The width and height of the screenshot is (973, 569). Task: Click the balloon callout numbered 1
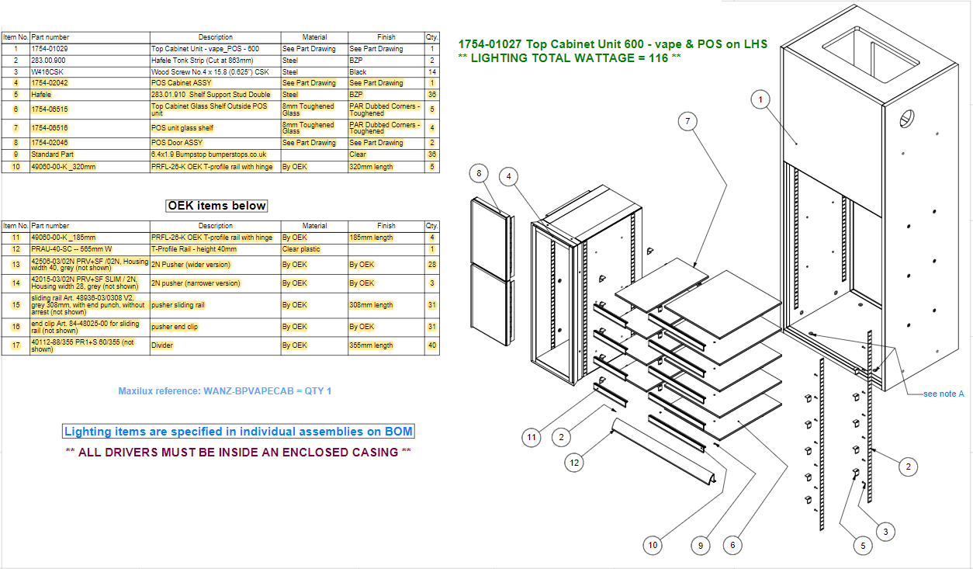coord(761,99)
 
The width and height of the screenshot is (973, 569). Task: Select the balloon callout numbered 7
coord(686,121)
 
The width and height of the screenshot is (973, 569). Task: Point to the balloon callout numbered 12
coord(574,463)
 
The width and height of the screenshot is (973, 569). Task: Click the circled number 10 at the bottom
coord(653,546)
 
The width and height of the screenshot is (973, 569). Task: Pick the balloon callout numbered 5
coord(862,546)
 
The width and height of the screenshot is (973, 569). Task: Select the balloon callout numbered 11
coord(531,438)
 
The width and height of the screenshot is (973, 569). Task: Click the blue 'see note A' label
coord(944,394)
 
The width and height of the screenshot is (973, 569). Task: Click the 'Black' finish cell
coord(358,71)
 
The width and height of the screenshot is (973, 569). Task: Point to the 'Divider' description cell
coord(162,345)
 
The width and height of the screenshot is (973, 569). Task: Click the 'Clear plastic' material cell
coord(303,249)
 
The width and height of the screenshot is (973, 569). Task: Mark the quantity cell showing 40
coord(431,345)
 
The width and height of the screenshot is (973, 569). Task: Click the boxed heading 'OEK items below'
coord(217,206)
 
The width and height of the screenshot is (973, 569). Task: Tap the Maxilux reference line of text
coord(224,391)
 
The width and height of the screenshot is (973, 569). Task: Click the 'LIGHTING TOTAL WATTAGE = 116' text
coord(570,57)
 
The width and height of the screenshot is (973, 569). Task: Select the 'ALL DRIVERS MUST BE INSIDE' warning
coord(238,452)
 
